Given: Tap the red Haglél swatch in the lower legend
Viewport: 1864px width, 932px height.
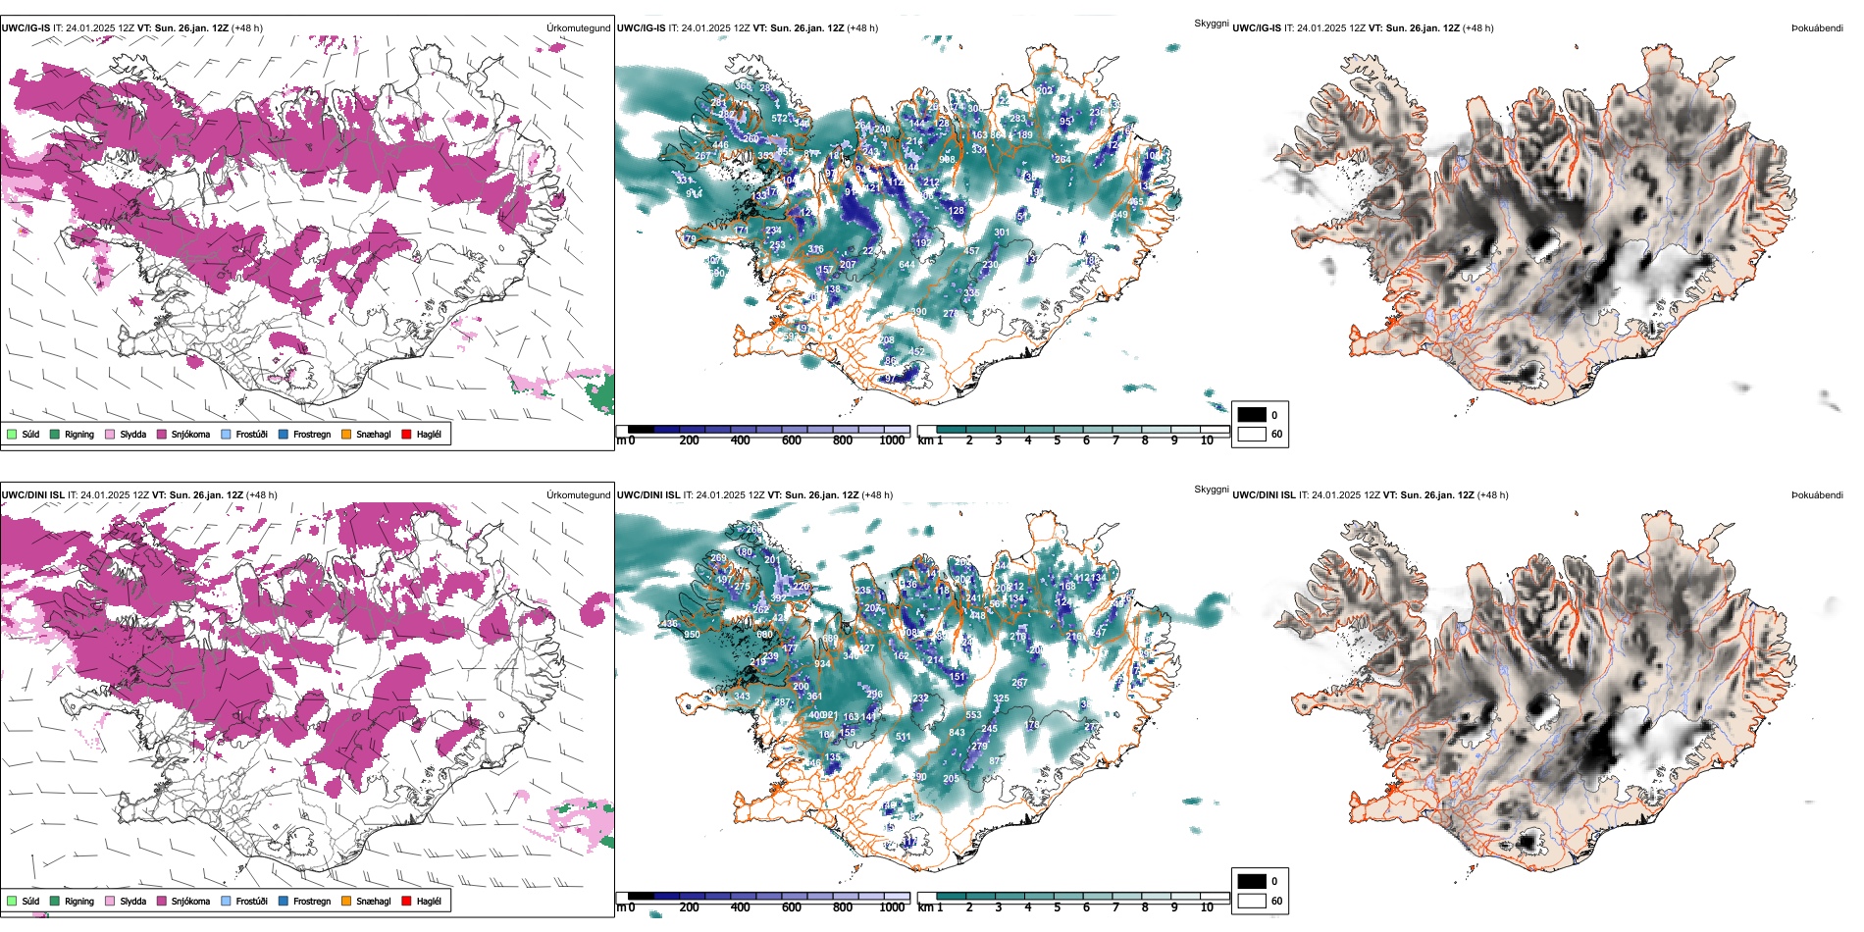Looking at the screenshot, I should coord(406,901).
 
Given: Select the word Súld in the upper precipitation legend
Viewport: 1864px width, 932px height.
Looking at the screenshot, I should coord(30,434).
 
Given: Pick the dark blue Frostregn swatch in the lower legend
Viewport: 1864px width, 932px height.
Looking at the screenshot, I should coord(284,901).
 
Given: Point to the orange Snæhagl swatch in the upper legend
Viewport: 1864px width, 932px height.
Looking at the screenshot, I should coord(346,434).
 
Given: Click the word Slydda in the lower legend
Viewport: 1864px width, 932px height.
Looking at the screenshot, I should coord(133,901).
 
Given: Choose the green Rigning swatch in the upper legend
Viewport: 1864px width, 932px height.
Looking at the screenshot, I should coord(55,434).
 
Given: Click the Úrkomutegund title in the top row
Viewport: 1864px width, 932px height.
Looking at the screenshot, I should coord(578,28).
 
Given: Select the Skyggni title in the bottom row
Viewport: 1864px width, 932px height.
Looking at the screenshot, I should coord(1211,489).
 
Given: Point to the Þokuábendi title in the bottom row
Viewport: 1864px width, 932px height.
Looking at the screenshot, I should coord(1817,495).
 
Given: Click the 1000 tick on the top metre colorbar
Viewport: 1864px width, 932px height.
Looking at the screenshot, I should coord(892,440).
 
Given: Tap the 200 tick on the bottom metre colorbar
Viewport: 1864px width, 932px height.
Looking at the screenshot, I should coord(689,907).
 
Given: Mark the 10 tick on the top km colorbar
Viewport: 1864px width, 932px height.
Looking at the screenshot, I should coord(1207,440).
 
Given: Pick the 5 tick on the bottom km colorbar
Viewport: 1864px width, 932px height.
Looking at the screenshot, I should coord(1057,907).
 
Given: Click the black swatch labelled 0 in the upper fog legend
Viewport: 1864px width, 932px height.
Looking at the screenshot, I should coord(1252,415).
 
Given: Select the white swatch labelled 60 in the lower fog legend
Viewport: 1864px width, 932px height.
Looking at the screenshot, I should coord(1252,901).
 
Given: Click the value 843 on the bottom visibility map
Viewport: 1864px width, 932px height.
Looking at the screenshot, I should coord(957,732).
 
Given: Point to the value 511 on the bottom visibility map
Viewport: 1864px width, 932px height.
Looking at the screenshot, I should coord(903,736).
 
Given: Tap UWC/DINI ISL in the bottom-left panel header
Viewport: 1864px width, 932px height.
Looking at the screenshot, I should coord(32,495).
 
